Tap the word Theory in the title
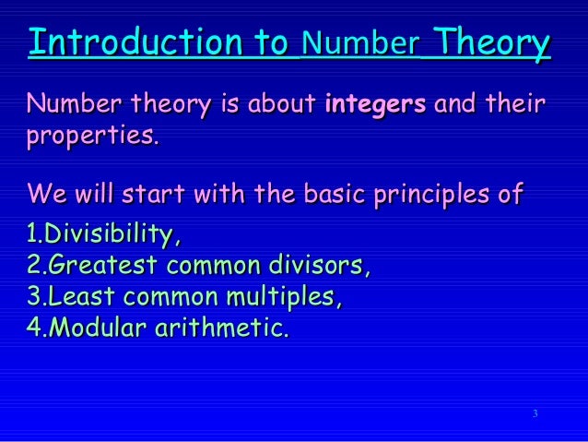[x=492, y=42]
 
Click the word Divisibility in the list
[x=112, y=235]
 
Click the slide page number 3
[x=535, y=412]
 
